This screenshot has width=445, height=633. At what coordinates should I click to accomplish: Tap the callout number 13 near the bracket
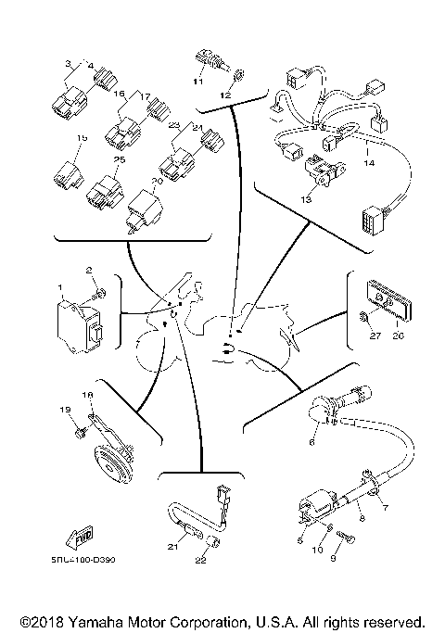pyautogui.click(x=307, y=198)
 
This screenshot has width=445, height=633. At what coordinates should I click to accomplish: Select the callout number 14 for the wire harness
pyautogui.click(x=369, y=164)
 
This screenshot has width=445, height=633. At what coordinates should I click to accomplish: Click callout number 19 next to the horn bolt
pyautogui.click(x=66, y=410)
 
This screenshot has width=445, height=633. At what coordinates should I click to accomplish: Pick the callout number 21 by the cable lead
pyautogui.click(x=172, y=548)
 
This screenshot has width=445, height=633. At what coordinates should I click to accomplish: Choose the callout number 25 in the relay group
pyautogui.click(x=119, y=160)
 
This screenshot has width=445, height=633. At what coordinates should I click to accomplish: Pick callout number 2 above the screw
pyautogui.click(x=90, y=271)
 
